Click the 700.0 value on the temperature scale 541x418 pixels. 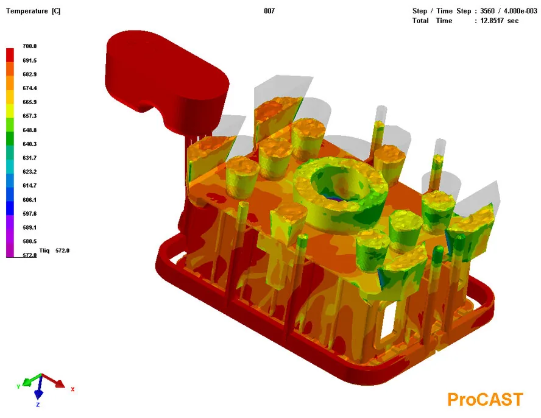click(x=30, y=46)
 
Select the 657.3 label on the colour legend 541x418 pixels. click(x=30, y=116)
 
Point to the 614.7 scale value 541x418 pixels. click(x=30, y=186)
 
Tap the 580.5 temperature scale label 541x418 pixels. click(x=30, y=241)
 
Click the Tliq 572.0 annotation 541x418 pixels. click(x=54, y=250)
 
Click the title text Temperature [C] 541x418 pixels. click(x=33, y=11)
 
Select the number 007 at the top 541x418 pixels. click(x=269, y=11)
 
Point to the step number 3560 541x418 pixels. click(x=487, y=11)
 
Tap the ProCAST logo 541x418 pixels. click(x=485, y=399)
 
